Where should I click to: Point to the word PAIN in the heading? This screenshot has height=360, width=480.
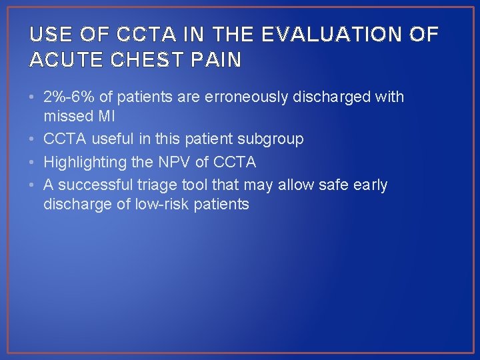click(x=217, y=60)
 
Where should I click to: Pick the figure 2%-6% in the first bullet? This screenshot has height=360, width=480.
click(x=68, y=97)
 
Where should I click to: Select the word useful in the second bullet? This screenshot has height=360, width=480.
click(x=114, y=139)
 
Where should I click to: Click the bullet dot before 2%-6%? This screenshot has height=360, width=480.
click(x=33, y=97)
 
